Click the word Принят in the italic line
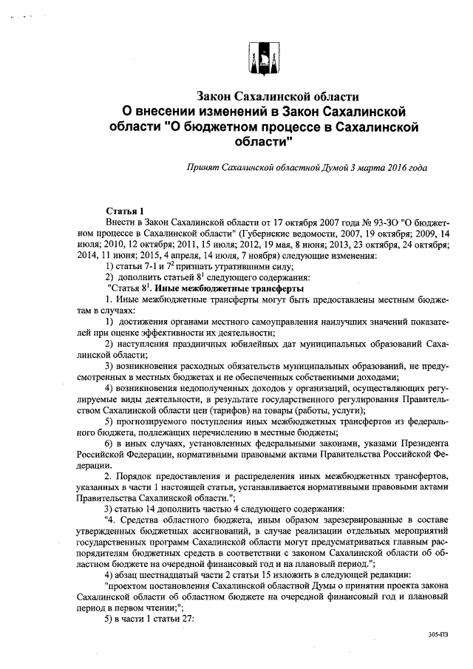pyautogui.click(x=203, y=168)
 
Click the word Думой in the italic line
pyautogui.click(x=337, y=168)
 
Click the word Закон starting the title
pyautogui.click(x=214, y=97)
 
